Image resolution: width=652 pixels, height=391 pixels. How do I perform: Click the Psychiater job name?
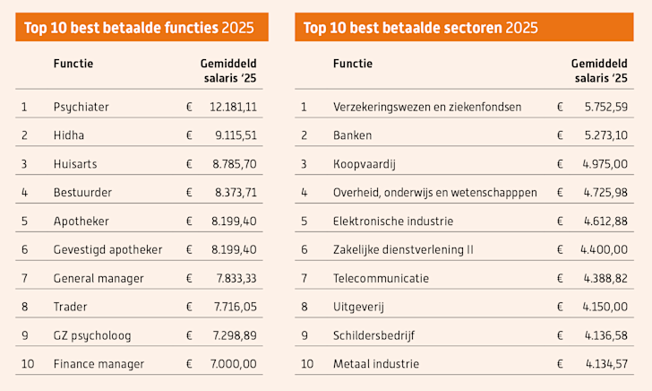point(81,107)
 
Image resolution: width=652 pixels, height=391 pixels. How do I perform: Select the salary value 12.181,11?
point(233,107)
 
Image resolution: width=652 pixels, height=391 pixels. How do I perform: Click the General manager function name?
point(99,278)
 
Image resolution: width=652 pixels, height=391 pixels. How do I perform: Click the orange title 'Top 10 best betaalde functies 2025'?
point(142,28)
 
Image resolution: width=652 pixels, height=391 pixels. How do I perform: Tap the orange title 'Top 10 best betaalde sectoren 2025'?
point(421,28)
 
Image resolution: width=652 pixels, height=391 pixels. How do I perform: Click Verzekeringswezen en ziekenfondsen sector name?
point(427,107)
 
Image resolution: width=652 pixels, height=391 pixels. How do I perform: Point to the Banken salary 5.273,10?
point(606,135)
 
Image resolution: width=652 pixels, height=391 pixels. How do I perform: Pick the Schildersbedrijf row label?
point(373,335)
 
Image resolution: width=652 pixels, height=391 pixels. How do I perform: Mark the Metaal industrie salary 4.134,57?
point(606,364)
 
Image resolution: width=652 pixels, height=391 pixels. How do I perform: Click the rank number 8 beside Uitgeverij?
point(304,307)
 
